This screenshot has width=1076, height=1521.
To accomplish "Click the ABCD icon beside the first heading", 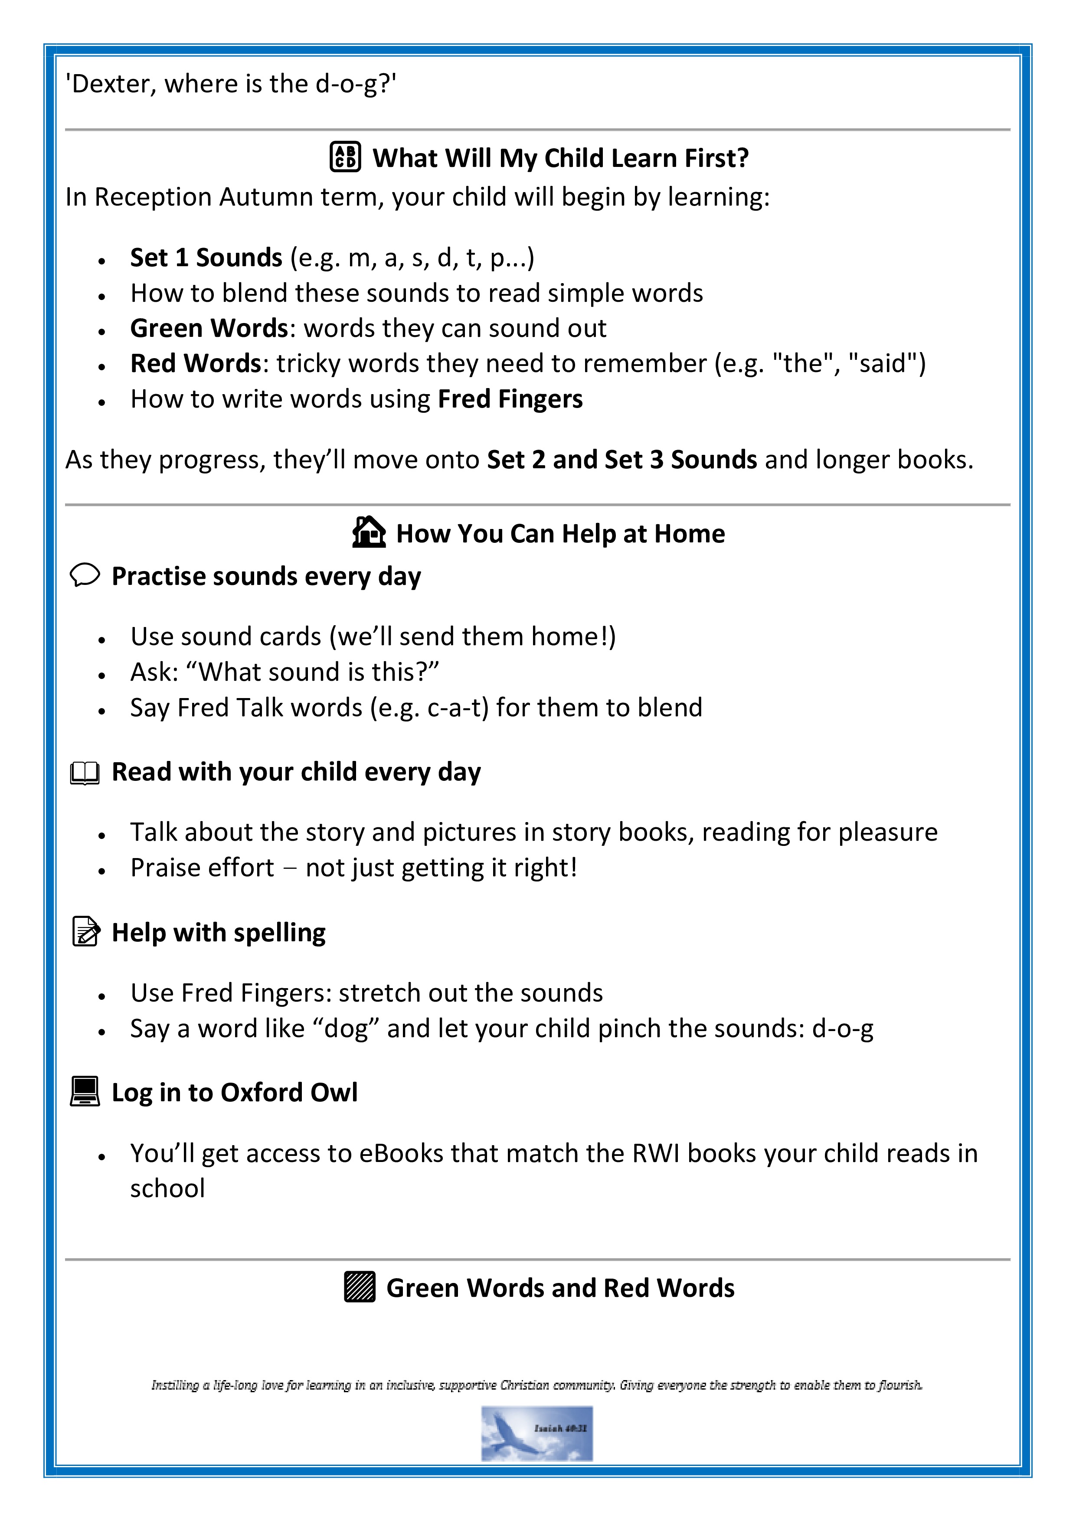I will click(x=345, y=157).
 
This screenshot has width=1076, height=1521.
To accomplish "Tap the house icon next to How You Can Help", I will click(x=368, y=532).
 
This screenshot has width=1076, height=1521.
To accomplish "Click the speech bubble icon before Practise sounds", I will click(x=85, y=575).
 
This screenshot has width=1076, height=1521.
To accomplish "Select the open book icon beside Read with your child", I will click(x=85, y=773).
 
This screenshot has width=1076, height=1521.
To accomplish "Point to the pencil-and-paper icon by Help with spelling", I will click(x=85, y=931).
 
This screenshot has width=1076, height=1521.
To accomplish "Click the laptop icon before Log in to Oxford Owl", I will click(x=85, y=1091).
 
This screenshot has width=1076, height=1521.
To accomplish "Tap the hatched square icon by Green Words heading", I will click(x=360, y=1287).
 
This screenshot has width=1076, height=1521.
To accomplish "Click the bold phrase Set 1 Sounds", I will click(x=206, y=258).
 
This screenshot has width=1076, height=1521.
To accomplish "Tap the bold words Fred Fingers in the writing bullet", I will click(x=510, y=399).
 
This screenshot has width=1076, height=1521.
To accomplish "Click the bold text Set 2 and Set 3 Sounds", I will click(x=621, y=460).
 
